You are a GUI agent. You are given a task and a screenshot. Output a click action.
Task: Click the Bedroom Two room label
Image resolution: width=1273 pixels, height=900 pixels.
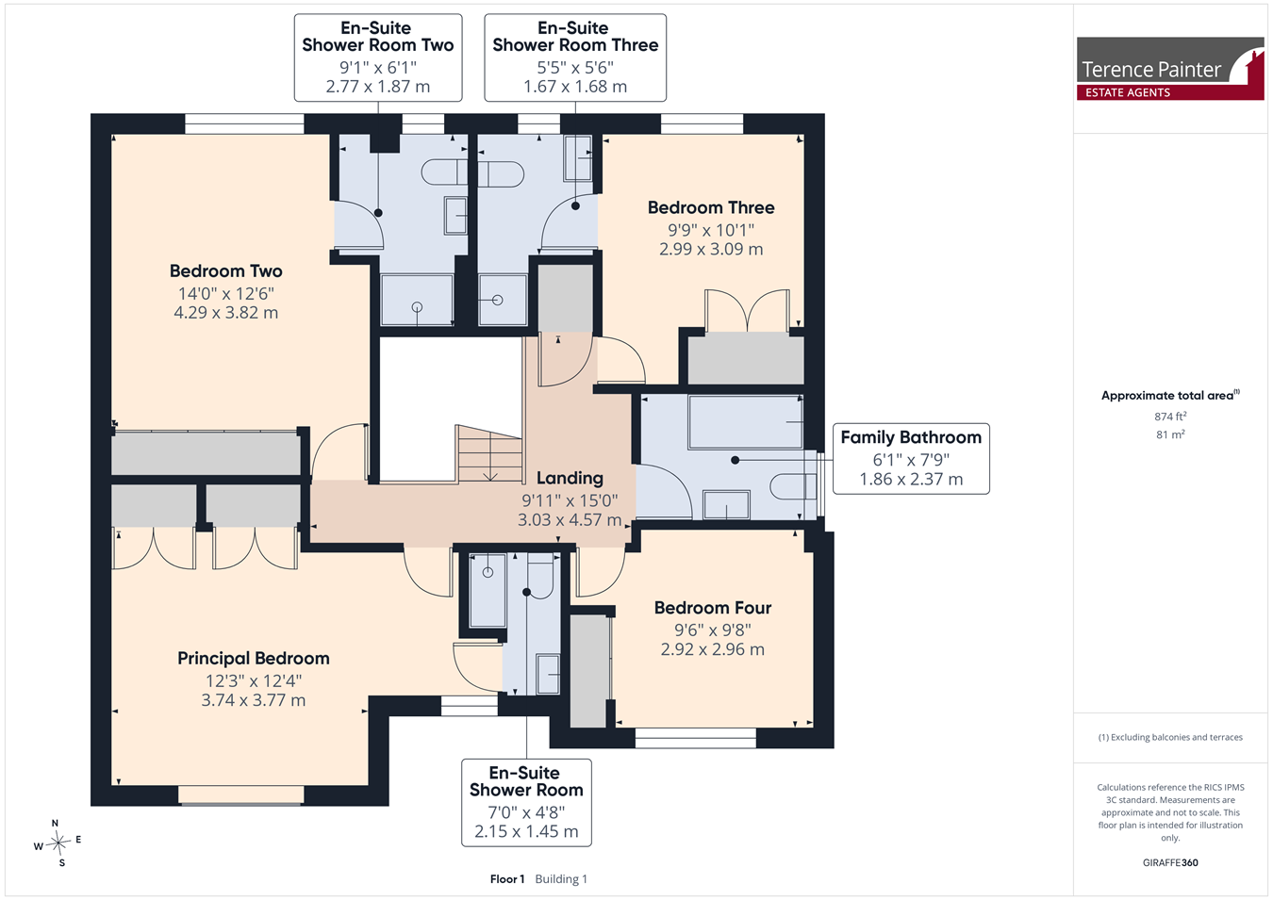coord(225,270)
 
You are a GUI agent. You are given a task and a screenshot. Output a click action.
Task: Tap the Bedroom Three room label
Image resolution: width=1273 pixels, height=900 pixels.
coord(711,207)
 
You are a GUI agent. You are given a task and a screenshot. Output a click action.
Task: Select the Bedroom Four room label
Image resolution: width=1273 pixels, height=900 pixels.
coord(713,608)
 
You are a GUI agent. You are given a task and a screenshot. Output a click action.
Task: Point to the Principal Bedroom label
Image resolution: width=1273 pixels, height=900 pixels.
coord(254,658)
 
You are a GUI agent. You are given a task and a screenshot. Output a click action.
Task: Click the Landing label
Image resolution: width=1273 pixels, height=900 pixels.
coord(570,478)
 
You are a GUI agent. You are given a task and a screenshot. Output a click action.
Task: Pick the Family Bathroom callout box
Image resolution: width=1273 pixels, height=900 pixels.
coord(911,459)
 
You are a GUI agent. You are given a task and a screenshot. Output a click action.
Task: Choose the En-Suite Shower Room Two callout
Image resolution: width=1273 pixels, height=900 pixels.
coord(378,57)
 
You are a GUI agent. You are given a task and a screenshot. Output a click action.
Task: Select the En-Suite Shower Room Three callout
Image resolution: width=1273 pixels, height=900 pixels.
coord(575,57)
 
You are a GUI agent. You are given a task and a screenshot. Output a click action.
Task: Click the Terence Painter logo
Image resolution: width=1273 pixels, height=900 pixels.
coord(1170,69)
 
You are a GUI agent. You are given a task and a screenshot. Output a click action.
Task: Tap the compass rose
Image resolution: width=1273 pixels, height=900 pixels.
coord(58,843)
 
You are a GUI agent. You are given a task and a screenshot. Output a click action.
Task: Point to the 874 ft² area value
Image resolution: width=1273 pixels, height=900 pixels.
coord(1170,417)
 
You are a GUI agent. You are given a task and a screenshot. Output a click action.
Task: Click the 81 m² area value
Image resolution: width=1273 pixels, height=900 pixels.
coord(1170,434)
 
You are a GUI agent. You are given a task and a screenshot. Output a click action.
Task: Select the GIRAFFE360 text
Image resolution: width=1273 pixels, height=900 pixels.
coord(1170,862)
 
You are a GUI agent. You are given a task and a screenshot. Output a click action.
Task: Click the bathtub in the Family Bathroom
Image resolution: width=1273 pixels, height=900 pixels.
coord(746,422)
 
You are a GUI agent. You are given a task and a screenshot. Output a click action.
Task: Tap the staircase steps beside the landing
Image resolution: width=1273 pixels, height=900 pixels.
coord(490,454)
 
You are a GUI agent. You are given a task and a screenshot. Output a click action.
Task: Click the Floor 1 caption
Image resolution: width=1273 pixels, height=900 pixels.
coord(507,879)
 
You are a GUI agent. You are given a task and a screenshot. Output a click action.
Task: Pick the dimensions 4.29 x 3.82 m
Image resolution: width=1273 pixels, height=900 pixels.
coord(225,312)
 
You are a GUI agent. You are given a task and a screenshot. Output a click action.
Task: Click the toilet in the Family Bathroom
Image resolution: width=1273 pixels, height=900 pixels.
coord(793,486)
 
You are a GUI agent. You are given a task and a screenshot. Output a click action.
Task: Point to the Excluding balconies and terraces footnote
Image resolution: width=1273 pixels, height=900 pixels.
coord(1170,737)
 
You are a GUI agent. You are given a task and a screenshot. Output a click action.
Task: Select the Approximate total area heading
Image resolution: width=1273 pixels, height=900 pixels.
coord(1170,395)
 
